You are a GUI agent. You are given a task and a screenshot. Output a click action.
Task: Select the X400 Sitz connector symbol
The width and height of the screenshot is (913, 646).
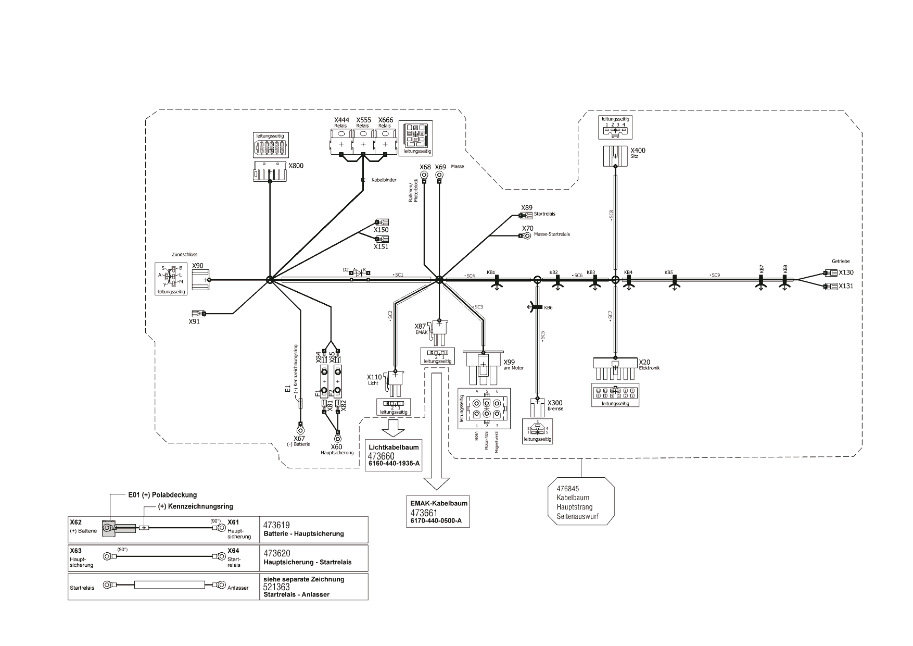click(615, 156)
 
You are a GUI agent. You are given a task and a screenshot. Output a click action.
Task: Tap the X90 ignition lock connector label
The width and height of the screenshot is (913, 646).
click(198, 266)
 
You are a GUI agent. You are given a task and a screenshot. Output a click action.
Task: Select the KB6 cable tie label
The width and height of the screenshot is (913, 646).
click(548, 308)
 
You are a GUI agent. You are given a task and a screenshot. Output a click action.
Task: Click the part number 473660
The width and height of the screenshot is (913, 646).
click(382, 456)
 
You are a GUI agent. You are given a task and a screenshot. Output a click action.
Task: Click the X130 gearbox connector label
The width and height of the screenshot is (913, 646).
click(846, 272)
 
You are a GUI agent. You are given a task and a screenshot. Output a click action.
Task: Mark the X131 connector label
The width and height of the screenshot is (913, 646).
click(846, 286)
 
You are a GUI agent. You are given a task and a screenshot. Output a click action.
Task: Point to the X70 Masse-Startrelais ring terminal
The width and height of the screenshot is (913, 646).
click(527, 235)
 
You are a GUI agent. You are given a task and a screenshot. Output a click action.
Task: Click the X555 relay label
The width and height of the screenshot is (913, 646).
click(363, 120)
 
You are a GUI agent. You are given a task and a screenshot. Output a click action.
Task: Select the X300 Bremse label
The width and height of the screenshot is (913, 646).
click(555, 403)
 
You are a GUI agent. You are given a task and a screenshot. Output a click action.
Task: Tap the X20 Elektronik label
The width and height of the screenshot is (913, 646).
click(644, 362)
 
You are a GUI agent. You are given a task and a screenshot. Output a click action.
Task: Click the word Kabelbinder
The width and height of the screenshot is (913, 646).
click(384, 180)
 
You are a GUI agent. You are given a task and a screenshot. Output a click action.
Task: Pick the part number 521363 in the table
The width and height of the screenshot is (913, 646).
click(277, 587)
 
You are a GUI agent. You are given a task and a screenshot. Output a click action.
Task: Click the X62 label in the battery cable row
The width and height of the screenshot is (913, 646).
click(76, 522)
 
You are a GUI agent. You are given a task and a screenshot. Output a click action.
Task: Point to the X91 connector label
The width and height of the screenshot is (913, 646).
click(194, 322)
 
